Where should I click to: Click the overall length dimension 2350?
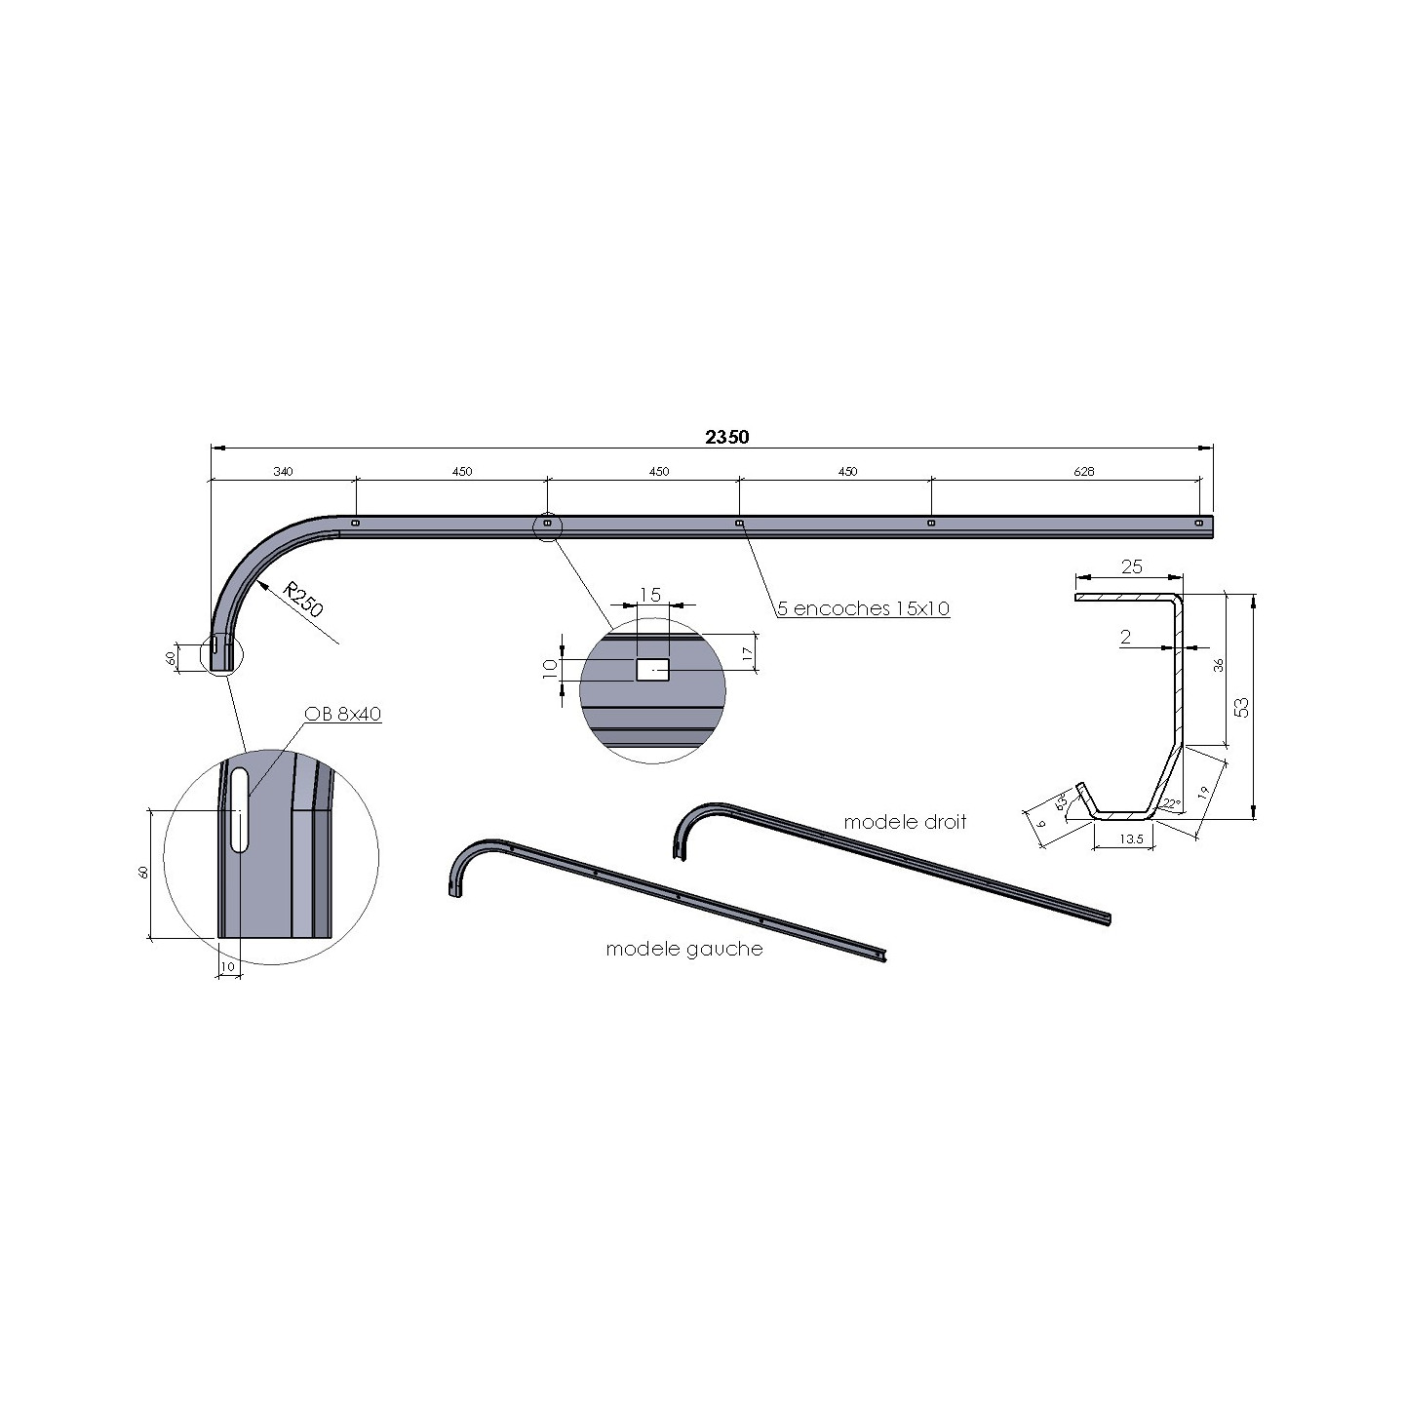(727, 437)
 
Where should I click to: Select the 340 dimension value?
(283, 472)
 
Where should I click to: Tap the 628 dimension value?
(1083, 472)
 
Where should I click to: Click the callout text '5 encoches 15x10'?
(863, 608)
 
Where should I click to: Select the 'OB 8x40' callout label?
(342, 714)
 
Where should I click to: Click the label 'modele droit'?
(905, 822)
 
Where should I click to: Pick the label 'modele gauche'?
(684, 949)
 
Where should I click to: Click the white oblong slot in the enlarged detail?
(239, 809)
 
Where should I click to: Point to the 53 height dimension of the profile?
(1241, 707)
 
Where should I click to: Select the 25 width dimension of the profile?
(1131, 566)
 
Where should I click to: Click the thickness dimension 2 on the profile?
(1126, 638)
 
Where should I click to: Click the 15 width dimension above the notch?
(650, 595)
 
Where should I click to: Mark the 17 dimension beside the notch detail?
(747, 654)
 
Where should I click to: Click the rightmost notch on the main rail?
(1198, 523)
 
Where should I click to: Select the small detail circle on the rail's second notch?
(547, 525)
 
